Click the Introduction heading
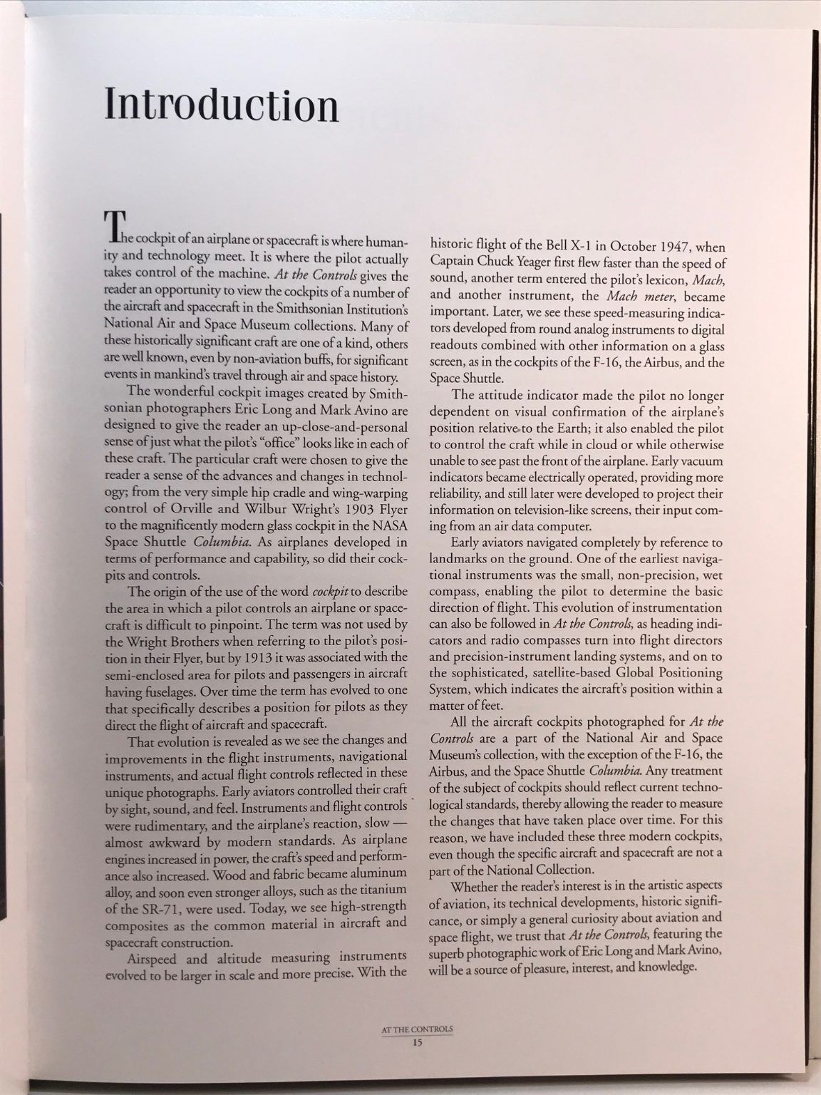pos(221,104)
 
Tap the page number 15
pos(418,1043)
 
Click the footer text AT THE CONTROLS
pos(418,1030)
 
